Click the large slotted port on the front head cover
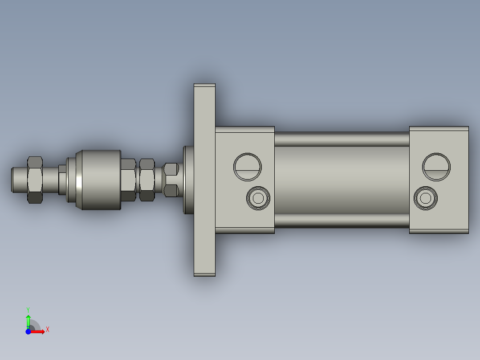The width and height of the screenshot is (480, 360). pyautogui.click(x=248, y=167)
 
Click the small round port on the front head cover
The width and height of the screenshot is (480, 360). pyautogui.click(x=258, y=197)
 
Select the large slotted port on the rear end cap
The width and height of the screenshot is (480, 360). pyautogui.click(x=436, y=167)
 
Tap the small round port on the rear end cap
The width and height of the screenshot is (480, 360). pyautogui.click(x=426, y=197)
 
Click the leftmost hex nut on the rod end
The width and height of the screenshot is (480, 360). pyautogui.click(x=35, y=180)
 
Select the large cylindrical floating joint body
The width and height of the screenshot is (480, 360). pyautogui.click(x=99, y=180)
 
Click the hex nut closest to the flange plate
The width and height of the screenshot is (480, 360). pyautogui.click(x=171, y=180)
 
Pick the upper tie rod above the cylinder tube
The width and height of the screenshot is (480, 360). pyautogui.click(x=342, y=139)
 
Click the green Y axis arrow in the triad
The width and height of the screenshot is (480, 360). pyautogui.click(x=28, y=320)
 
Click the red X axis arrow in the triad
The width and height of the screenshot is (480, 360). pyautogui.click(x=39, y=331)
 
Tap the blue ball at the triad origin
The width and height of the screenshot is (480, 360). pyautogui.click(x=28, y=331)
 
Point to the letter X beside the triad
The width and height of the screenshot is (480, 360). pyautogui.click(x=48, y=330)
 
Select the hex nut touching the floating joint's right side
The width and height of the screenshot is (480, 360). pyautogui.click(x=128, y=180)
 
